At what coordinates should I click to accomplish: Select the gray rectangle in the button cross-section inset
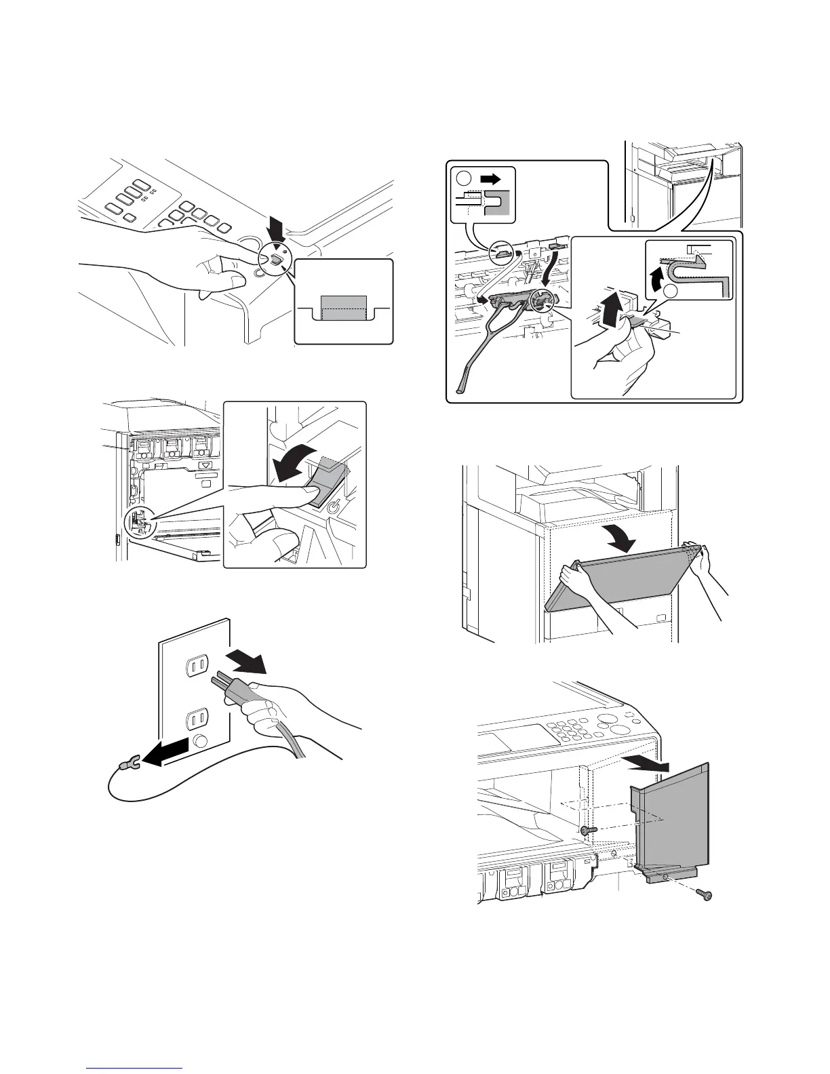343,307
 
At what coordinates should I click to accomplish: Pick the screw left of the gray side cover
587,830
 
